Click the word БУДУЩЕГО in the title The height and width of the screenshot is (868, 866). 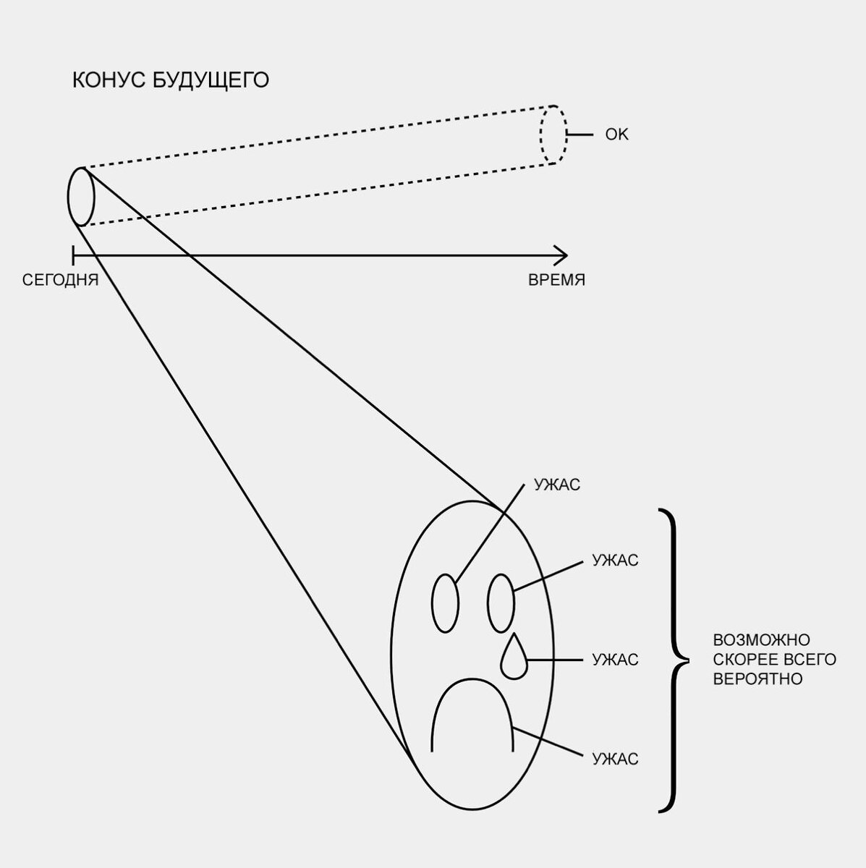click(x=211, y=80)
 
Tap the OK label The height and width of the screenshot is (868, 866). click(x=616, y=135)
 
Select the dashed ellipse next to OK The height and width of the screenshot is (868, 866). click(x=553, y=135)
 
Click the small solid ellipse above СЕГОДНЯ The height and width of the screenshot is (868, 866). click(x=81, y=197)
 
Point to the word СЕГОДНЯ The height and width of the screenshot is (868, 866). click(x=60, y=281)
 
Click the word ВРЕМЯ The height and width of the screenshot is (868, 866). click(x=556, y=281)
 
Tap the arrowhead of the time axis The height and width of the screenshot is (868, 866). click(x=562, y=255)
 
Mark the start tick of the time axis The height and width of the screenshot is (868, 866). click(x=73, y=255)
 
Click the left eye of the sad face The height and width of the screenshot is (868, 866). click(x=445, y=604)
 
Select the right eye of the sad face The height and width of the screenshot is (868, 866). click(x=501, y=603)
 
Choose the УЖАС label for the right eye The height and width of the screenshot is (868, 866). click(x=615, y=561)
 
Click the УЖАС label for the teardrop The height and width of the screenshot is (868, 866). click(x=615, y=660)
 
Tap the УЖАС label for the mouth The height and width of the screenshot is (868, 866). click(x=615, y=759)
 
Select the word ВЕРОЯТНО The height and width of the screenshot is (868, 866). click(x=757, y=679)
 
